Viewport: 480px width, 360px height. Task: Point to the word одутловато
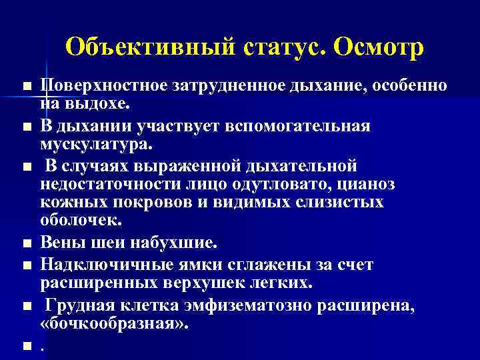point(261,184)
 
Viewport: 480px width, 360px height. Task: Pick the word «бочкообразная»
point(115,325)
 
